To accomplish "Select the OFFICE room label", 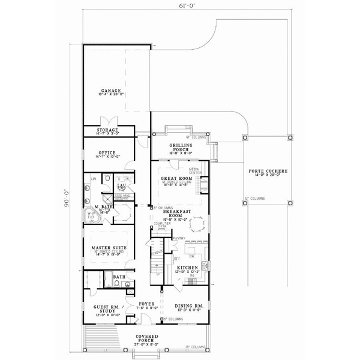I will [x=107, y=153].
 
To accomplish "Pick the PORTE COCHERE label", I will [x=268, y=172].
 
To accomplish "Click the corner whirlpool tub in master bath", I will [x=92, y=214].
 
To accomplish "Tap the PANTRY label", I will [x=178, y=238].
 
